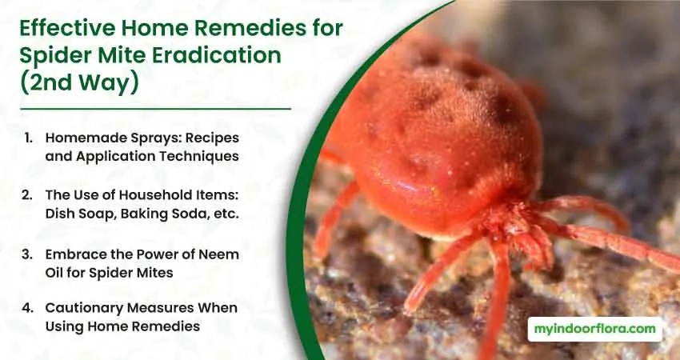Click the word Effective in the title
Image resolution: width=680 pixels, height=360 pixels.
[x=68, y=29]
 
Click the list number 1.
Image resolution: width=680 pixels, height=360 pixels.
[x=29, y=138]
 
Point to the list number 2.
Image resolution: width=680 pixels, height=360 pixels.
[x=27, y=195]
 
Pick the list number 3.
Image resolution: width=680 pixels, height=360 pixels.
[x=27, y=254]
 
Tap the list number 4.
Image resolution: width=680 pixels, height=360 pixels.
[x=27, y=308]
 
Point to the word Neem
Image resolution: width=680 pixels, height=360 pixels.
[x=219, y=254]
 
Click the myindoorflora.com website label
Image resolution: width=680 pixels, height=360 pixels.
[x=595, y=329]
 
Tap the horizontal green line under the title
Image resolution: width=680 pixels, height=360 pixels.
[x=155, y=109]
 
